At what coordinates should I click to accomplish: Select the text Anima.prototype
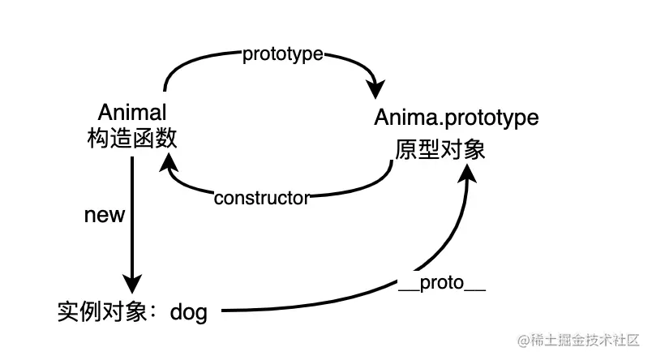coord(456,118)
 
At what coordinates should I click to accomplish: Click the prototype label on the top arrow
coord(282,54)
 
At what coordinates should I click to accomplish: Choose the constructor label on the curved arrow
coord(261,198)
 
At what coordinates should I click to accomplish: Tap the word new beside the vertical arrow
coord(105,215)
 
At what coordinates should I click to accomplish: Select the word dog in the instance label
coord(188,311)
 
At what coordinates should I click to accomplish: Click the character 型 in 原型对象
coord(429,150)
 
